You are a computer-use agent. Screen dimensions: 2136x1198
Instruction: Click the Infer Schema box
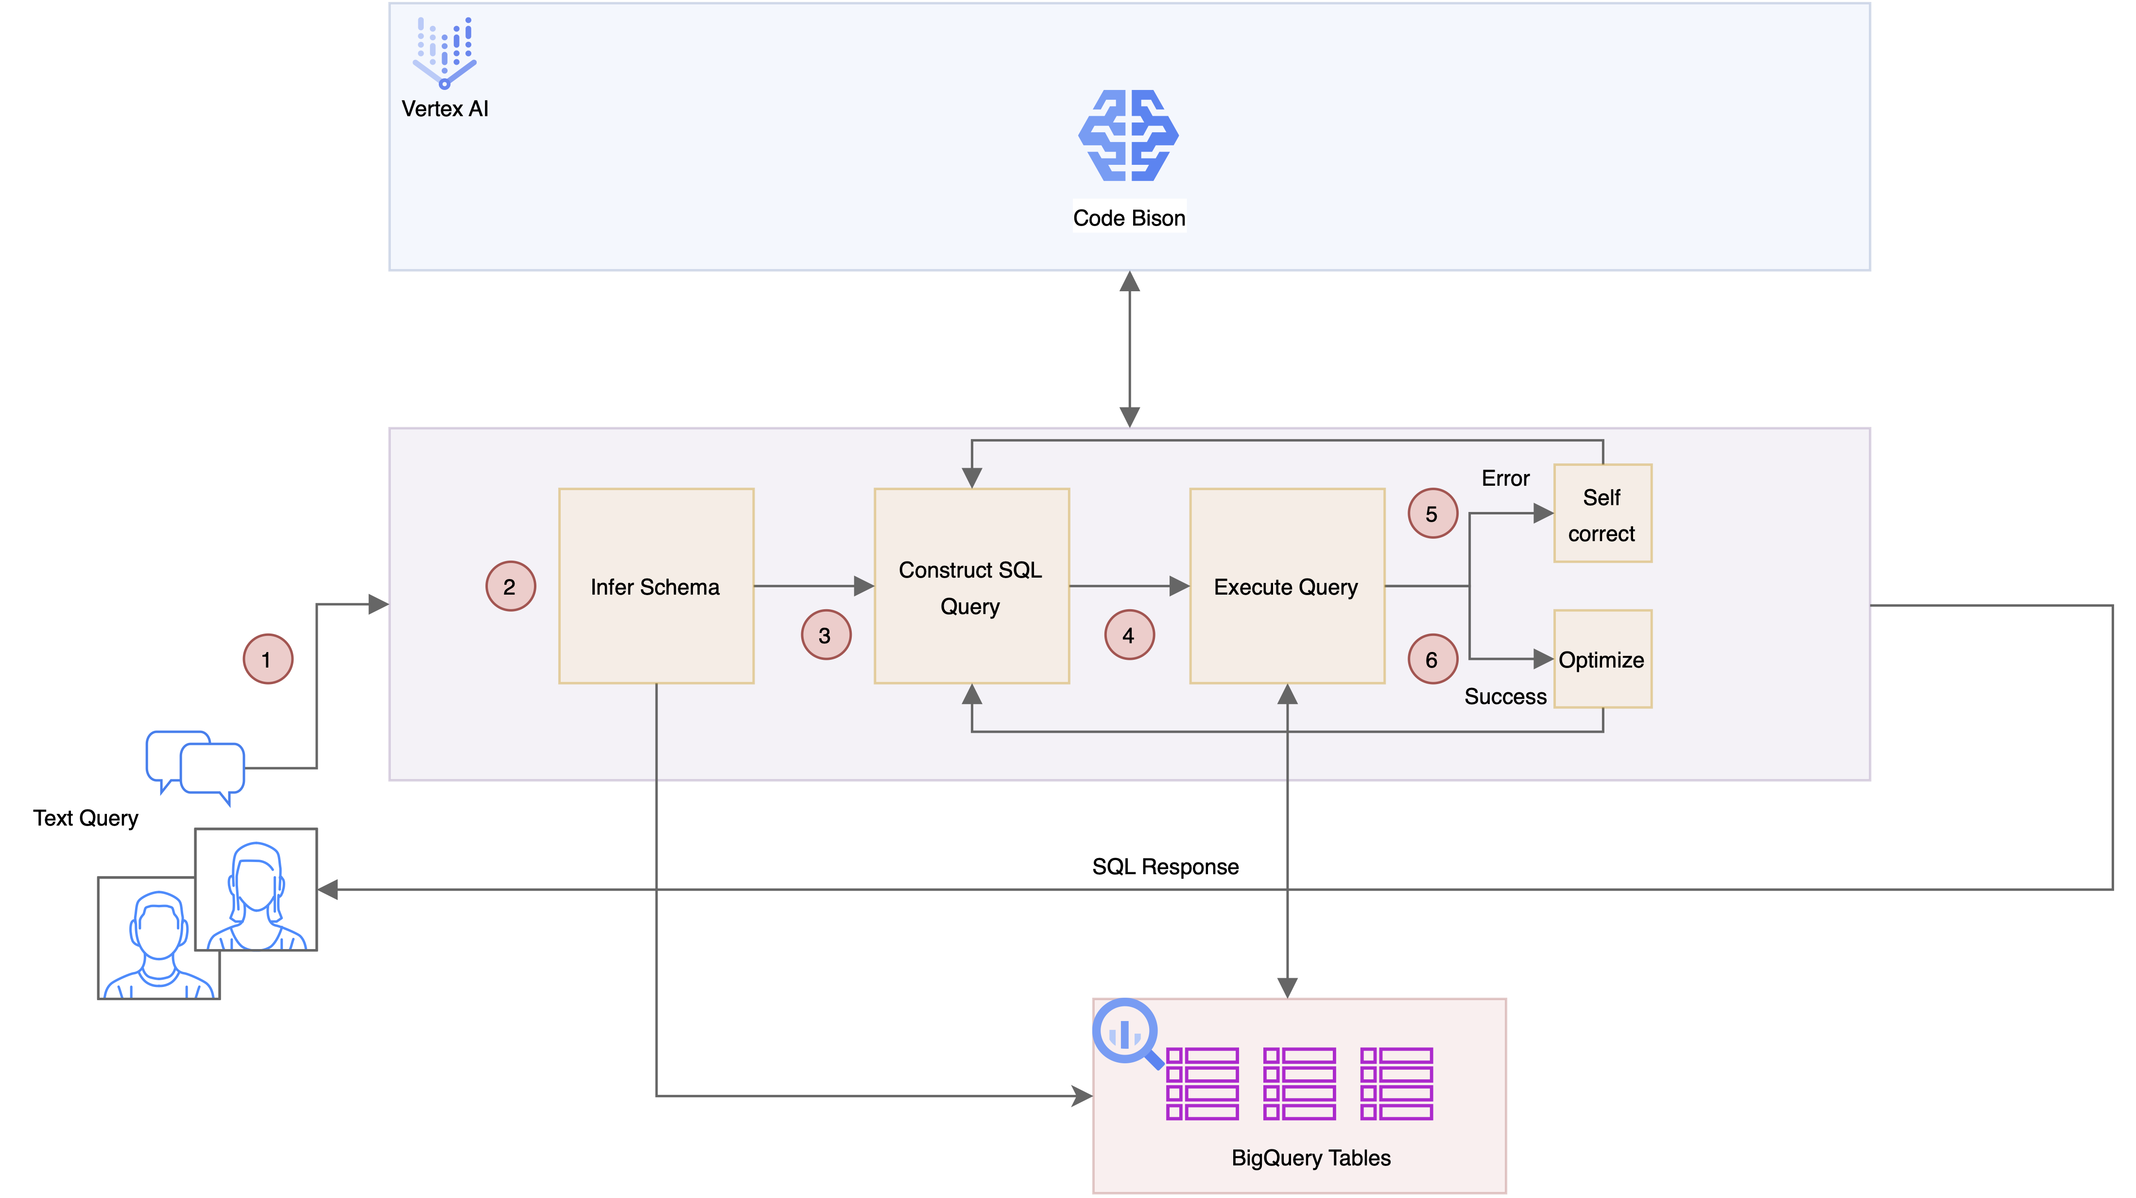[656, 586]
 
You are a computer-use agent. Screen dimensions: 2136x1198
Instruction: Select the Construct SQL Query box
[971, 586]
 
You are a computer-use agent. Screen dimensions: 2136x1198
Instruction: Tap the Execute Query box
[1287, 586]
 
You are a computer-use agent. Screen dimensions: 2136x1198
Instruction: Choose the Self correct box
[1602, 513]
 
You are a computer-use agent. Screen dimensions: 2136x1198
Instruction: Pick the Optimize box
[1602, 659]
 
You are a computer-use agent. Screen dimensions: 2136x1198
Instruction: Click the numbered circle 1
[267, 659]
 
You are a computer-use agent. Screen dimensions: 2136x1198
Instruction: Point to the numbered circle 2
[510, 586]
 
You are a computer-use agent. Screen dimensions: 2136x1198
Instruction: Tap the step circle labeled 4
[1129, 634]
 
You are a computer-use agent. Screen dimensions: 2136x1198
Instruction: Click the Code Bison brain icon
[1129, 135]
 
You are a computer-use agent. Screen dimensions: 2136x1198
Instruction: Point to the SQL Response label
[1165, 866]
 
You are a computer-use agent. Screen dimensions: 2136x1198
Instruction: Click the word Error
[1505, 478]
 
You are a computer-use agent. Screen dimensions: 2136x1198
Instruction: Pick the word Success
[1505, 696]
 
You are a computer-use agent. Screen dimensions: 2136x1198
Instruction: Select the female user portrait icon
[256, 889]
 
